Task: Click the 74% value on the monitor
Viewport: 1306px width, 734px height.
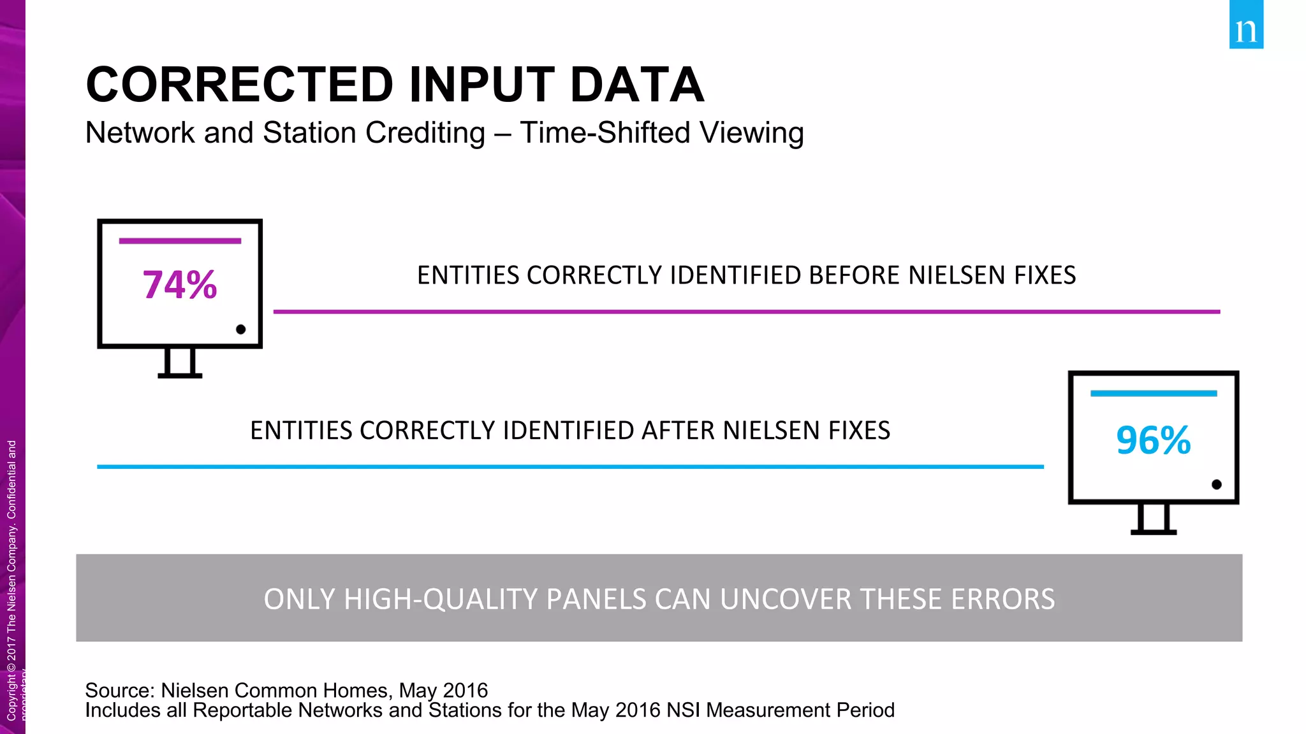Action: point(180,285)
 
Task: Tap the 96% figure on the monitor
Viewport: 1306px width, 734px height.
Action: point(1153,440)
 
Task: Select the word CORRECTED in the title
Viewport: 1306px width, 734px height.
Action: point(240,85)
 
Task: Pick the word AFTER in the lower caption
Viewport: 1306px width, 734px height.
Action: point(679,431)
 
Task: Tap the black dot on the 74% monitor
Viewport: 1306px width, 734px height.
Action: point(240,329)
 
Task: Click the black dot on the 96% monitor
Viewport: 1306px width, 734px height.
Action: point(1216,485)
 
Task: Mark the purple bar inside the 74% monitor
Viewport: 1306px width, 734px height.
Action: point(180,241)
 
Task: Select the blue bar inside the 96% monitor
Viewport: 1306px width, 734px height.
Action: point(1153,394)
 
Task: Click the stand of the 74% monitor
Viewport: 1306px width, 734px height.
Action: point(180,364)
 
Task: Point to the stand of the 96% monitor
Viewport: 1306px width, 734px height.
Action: point(1153,519)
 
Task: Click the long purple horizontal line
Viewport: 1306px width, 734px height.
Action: point(746,312)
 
